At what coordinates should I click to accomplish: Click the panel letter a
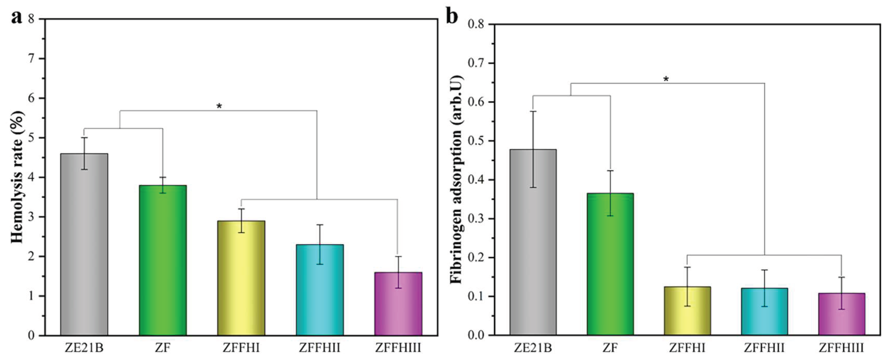[16, 17]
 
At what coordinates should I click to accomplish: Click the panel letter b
[452, 17]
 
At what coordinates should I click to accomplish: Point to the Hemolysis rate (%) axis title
[17, 177]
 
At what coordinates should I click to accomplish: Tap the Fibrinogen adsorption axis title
[457, 179]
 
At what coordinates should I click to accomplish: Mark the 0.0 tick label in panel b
[476, 335]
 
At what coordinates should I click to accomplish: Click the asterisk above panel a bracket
[219, 106]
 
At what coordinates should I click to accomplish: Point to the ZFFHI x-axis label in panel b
[687, 348]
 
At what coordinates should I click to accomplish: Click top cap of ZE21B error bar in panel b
[533, 111]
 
